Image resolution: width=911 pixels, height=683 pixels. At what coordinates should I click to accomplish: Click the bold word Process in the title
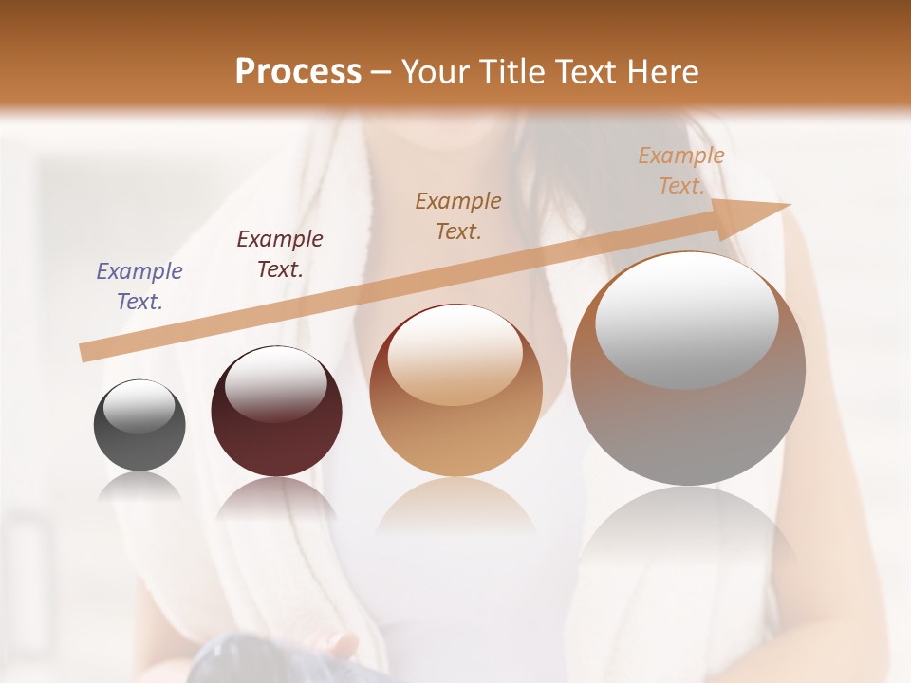(x=298, y=71)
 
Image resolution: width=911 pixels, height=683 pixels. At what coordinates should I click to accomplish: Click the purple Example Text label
(x=139, y=286)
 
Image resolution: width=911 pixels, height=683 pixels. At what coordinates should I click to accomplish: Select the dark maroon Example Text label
(x=280, y=254)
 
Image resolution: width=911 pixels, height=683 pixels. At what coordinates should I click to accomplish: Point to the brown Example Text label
(x=458, y=215)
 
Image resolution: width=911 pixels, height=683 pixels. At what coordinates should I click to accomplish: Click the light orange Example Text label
(x=680, y=171)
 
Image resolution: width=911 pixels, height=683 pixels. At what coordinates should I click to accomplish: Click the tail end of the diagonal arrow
(x=87, y=352)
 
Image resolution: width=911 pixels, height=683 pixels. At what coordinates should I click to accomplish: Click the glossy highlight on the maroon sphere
(x=275, y=384)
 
